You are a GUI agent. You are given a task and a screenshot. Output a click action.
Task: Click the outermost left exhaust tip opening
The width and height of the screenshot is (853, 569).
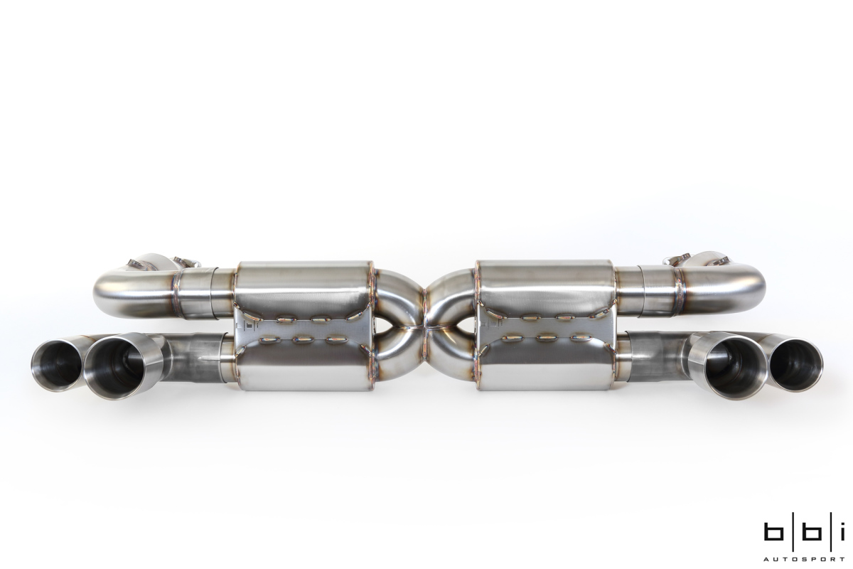pos(56,366)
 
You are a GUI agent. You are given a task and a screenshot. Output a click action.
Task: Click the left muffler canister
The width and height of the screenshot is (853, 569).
pos(304,326)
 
